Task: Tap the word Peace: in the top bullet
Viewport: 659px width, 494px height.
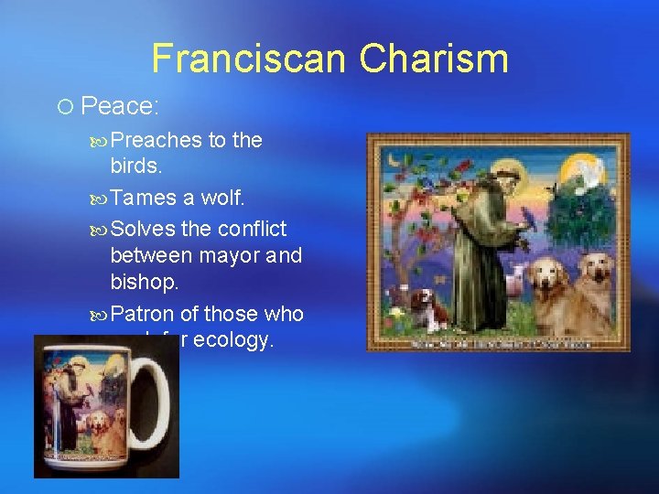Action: [120, 106]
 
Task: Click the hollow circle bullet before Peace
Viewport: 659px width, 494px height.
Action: [63, 107]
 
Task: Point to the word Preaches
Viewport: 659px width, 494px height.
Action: [157, 140]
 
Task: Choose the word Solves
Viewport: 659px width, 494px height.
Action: [144, 228]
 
